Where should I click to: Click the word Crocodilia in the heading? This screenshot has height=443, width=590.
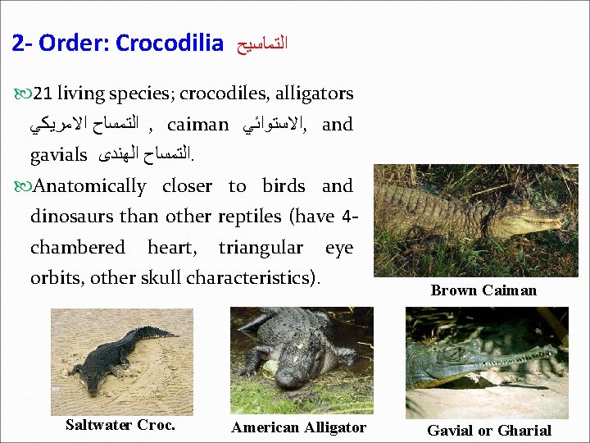[170, 43]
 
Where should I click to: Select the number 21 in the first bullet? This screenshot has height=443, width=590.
[43, 94]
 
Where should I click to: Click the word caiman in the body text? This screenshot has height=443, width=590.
[197, 125]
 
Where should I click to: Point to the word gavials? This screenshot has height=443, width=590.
[58, 154]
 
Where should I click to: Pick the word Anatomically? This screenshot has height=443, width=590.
[90, 186]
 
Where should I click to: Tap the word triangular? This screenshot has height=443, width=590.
[261, 247]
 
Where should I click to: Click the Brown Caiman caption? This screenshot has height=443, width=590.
[483, 290]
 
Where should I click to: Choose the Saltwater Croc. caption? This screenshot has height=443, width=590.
[120, 425]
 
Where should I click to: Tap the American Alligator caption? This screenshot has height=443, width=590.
[298, 427]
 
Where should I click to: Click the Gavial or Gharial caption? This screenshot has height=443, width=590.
[489, 430]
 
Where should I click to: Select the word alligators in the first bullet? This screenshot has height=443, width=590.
[315, 94]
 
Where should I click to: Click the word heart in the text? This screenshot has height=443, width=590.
[171, 247]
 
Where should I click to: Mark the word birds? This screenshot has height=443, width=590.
[284, 186]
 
